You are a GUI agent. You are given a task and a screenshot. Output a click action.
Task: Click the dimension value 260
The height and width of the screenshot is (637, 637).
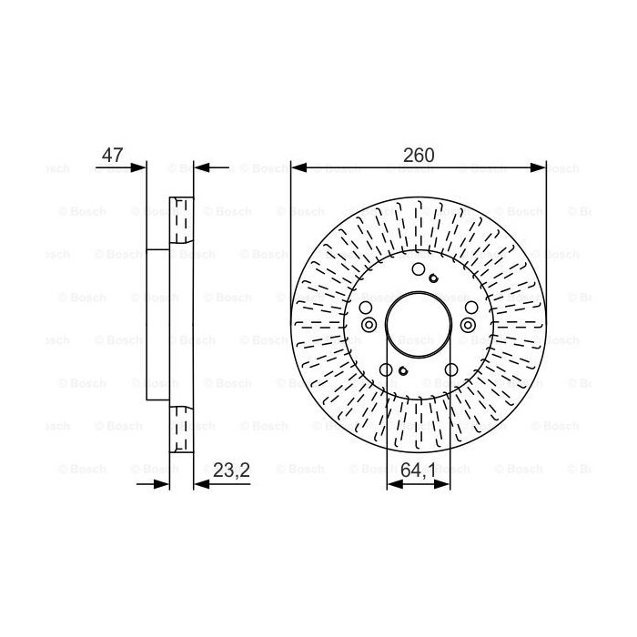(418, 155)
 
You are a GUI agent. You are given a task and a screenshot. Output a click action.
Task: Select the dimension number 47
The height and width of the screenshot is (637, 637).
(112, 155)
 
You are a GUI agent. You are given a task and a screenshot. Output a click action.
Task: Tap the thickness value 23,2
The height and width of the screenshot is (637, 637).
(231, 470)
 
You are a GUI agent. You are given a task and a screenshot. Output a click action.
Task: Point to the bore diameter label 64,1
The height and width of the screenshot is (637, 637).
(418, 470)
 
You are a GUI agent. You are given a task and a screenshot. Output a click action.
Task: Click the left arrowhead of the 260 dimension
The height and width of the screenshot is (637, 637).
(299, 167)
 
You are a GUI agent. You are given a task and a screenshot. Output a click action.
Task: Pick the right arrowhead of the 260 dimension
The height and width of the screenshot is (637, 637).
(539, 167)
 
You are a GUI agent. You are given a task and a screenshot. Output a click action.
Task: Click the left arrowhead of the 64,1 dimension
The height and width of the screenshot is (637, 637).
(395, 484)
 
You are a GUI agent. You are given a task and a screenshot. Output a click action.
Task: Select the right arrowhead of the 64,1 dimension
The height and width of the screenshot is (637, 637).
(442, 484)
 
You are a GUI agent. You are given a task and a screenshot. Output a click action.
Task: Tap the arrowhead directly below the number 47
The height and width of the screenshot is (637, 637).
(138, 167)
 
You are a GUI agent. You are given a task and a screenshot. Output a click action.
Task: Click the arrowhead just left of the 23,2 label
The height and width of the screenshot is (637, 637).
(202, 484)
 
